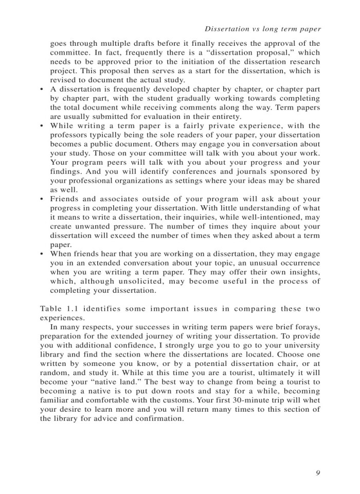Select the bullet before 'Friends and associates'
(x=42, y=199)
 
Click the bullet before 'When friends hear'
(x=42, y=254)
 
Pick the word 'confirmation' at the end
(x=159, y=419)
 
